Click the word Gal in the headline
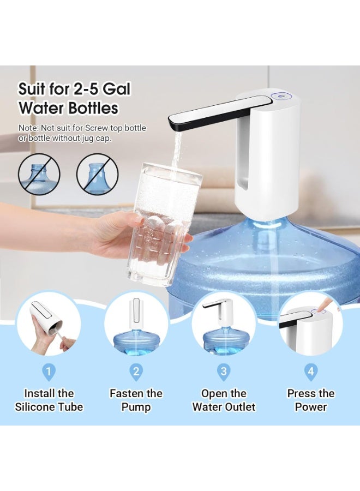116,89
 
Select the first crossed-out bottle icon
39,173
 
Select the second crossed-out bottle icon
98,173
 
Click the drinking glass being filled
163,223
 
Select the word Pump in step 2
136,408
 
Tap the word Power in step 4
311,407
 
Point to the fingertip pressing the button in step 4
321,310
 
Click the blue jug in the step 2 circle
136,344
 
